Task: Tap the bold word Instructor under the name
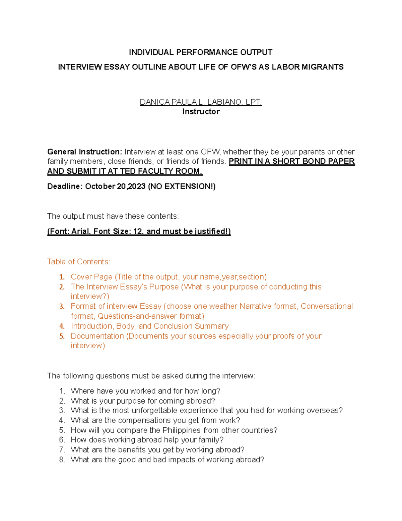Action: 201,112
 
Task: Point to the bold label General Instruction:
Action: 85,152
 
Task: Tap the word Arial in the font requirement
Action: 80,231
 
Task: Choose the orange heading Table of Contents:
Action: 79,262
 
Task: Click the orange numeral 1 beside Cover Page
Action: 62,277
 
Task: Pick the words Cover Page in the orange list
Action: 91,277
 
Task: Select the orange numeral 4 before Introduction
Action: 62,326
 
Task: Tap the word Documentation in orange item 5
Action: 97,336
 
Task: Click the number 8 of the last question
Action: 62,460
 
